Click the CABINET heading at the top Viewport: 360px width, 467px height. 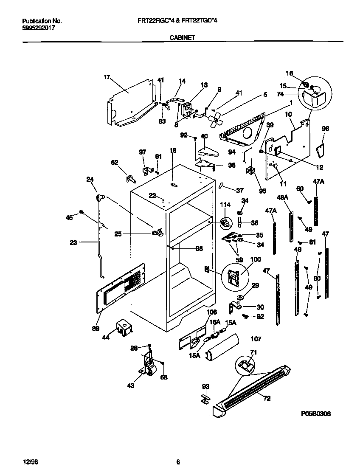point(182,37)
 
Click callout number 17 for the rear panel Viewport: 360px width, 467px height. point(107,77)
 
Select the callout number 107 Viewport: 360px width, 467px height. point(256,339)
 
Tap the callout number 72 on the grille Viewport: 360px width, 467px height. point(266,398)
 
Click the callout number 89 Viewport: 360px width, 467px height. point(96,328)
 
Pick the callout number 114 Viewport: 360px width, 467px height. point(225,205)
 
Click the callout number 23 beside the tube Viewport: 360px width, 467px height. point(74,243)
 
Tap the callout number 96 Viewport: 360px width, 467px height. point(325,129)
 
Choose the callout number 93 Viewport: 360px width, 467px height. point(205,386)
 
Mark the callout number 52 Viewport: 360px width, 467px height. point(115,162)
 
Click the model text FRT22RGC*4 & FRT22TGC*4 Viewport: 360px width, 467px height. point(182,20)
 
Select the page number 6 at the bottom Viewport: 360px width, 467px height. point(178,462)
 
